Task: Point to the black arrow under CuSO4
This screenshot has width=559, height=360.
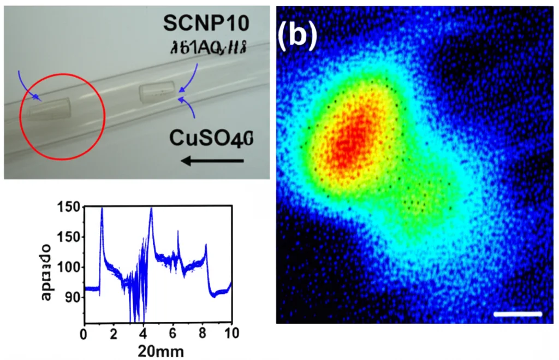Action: (212, 161)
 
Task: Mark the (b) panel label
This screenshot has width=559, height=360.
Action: (297, 37)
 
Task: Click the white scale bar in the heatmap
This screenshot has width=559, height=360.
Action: (518, 314)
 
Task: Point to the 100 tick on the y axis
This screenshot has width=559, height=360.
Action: (73, 267)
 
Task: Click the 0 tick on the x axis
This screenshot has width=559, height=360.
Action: (84, 333)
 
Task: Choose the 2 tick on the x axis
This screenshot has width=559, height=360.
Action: (114, 333)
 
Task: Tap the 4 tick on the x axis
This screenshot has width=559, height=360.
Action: (143, 333)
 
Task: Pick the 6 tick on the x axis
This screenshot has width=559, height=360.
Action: (173, 333)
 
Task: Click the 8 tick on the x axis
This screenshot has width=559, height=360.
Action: (203, 333)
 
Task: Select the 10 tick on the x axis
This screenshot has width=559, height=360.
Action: (231, 333)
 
